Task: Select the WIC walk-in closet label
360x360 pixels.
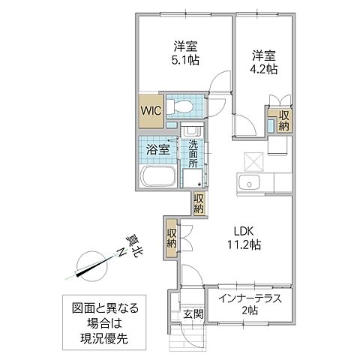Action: pyautogui.click(x=148, y=110)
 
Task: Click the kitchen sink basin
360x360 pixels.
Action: pyautogui.click(x=247, y=184)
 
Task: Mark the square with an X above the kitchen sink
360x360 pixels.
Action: pyautogui.click(x=254, y=160)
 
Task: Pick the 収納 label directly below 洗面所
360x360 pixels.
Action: pyautogui.click(x=199, y=204)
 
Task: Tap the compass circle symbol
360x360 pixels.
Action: pyautogui.click(x=92, y=265)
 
